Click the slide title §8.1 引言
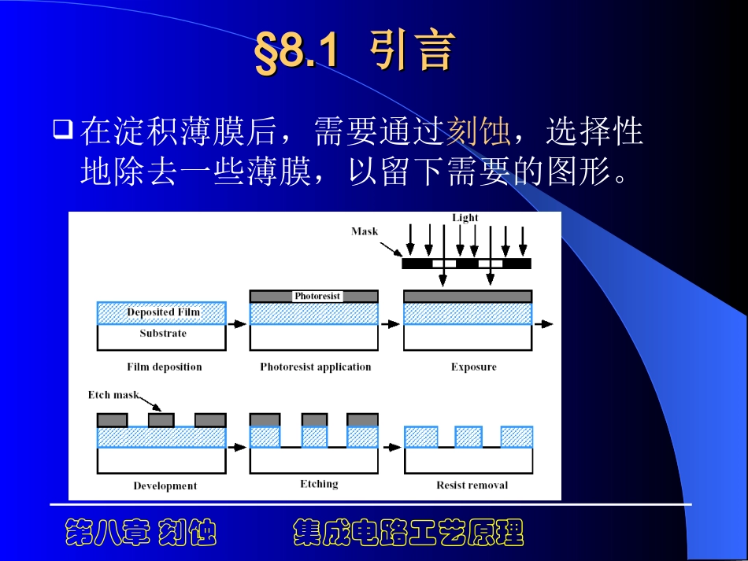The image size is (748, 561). pyautogui.click(x=354, y=53)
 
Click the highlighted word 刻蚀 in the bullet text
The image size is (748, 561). pyautogui.click(x=478, y=132)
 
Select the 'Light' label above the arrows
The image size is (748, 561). pyautogui.click(x=465, y=218)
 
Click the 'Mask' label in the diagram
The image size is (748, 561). pyautogui.click(x=365, y=231)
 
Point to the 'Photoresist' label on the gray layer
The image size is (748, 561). pyautogui.click(x=317, y=296)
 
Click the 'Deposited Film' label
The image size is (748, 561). pyautogui.click(x=164, y=312)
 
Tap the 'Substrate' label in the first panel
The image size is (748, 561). pyautogui.click(x=163, y=334)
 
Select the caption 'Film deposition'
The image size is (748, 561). pyautogui.click(x=165, y=367)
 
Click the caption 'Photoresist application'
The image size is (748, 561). pyautogui.click(x=315, y=367)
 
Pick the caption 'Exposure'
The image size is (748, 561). pyautogui.click(x=473, y=367)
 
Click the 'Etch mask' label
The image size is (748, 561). pyautogui.click(x=113, y=395)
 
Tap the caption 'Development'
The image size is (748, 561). pyautogui.click(x=165, y=485)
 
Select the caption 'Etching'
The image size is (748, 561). pyautogui.click(x=319, y=484)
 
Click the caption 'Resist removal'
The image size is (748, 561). pyautogui.click(x=472, y=485)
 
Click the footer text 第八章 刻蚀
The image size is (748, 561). pyautogui.click(x=140, y=533)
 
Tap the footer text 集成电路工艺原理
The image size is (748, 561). pyautogui.click(x=408, y=533)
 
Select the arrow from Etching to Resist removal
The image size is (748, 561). pyautogui.click(x=391, y=447)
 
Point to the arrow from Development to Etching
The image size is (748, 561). pyautogui.click(x=237, y=447)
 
